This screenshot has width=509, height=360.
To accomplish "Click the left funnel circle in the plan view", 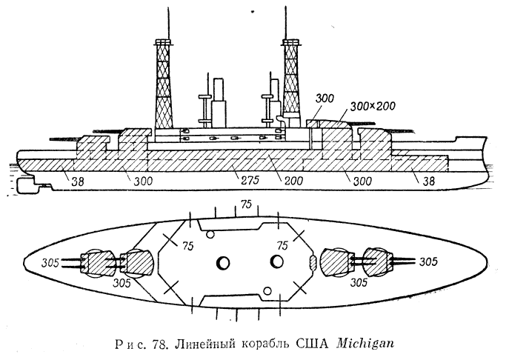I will (x=224, y=262).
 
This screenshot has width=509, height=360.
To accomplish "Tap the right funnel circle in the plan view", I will (x=277, y=262).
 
